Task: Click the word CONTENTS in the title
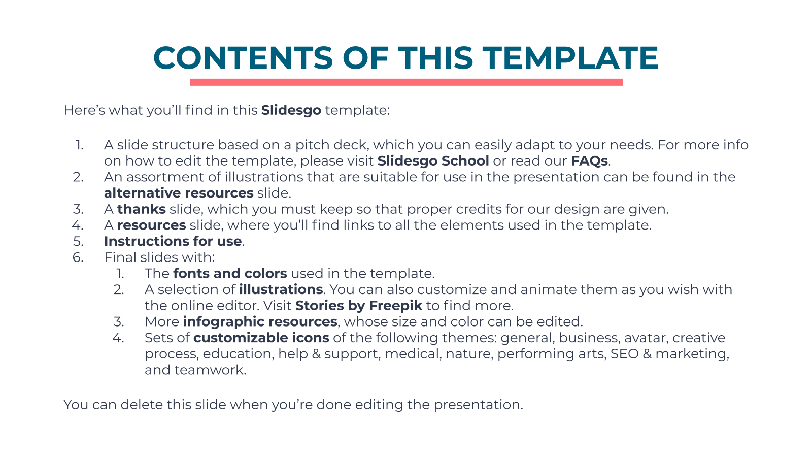click(x=243, y=58)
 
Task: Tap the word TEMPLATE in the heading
click(x=572, y=58)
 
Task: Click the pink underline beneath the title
click(x=407, y=82)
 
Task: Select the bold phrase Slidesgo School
click(x=433, y=160)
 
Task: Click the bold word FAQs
click(x=589, y=160)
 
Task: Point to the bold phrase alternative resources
click(x=179, y=193)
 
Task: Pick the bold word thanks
click(x=142, y=209)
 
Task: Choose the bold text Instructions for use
click(x=173, y=241)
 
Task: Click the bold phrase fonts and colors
click(x=230, y=274)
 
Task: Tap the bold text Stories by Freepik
click(x=359, y=305)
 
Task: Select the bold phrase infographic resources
click(x=260, y=322)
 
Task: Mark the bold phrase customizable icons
click(x=261, y=338)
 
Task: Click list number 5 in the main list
click(x=78, y=241)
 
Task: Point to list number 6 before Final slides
click(x=78, y=257)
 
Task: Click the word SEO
click(x=625, y=353)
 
